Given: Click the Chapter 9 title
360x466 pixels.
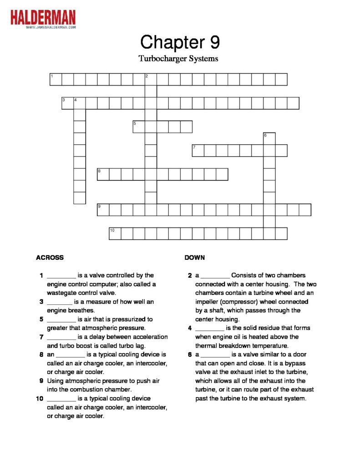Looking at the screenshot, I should coord(180,42).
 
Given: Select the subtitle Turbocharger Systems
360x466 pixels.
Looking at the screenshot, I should coord(178,59).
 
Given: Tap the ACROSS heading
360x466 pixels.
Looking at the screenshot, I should coord(50,258).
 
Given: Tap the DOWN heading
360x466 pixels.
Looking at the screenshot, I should coord(195,258).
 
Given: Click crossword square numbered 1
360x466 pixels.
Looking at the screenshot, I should coord(56,80).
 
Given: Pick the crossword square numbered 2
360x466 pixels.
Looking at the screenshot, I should coord(151,80).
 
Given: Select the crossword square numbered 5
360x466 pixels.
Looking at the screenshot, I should coord(139,127).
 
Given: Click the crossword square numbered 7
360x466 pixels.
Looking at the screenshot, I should coord(198,151).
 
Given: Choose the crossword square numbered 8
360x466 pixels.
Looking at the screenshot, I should coord(103,174).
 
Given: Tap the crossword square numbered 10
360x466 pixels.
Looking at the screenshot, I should coord(115,233).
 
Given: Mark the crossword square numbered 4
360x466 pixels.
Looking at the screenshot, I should coord(80,103).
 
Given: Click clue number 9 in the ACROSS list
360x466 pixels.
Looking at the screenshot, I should coord(42,381).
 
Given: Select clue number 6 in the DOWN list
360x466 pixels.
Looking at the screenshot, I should coord(190,355).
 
